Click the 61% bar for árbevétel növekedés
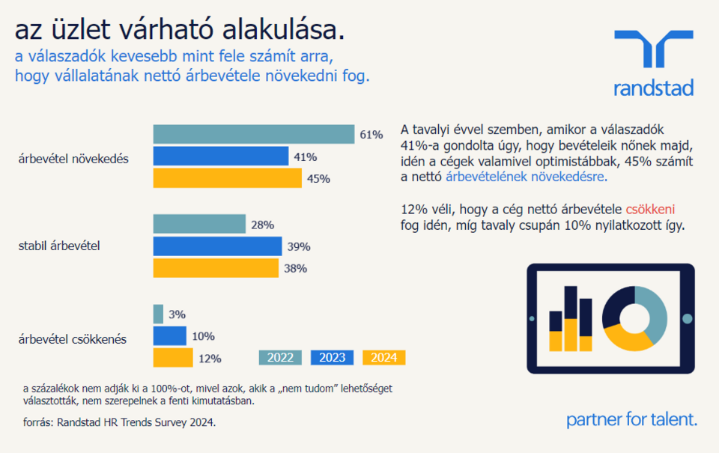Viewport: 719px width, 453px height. click(x=253, y=134)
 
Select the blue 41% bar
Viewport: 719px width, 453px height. click(x=220, y=156)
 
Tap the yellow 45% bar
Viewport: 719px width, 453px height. click(x=227, y=178)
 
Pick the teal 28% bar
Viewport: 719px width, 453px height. click(x=199, y=224)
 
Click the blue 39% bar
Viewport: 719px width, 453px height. click(x=217, y=246)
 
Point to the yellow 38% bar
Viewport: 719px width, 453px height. click(x=216, y=268)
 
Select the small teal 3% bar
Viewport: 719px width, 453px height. click(x=158, y=314)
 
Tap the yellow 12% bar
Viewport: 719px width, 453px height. click(x=172, y=358)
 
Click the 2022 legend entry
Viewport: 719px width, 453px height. click(x=280, y=357)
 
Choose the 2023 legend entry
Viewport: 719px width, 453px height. click(x=332, y=357)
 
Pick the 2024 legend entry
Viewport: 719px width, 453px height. click(x=383, y=357)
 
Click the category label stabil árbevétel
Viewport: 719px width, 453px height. click(x=59, y=246)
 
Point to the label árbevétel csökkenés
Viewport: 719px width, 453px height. click(x=73, y=338)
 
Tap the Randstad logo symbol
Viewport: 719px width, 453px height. click(x=653, y=51)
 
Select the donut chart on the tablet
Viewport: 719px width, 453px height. click(x=634, y=318)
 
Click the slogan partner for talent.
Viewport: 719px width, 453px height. click(x=631, y=419)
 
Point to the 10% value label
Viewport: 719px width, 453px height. click(x=203, y=336)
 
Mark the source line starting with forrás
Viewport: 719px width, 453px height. click(x=119, y=423)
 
